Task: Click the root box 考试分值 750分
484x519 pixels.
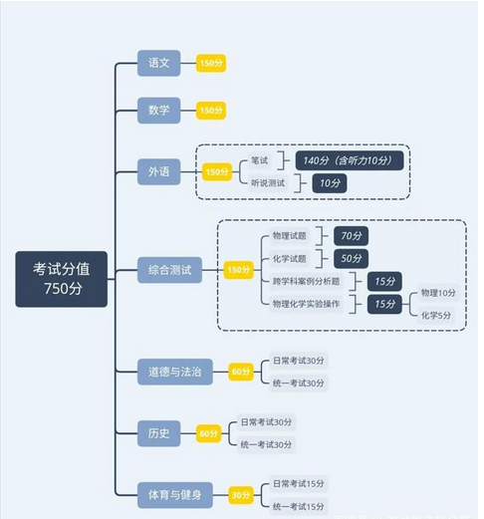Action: click(62, 279)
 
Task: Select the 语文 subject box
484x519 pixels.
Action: click(159, 63)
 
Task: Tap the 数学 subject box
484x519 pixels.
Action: click(159, 111)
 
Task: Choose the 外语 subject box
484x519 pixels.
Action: click(159, 171)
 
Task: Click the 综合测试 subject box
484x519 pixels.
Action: click(169, 270)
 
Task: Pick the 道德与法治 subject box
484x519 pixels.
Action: click(175, 372)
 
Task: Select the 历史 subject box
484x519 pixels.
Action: click(159, 433)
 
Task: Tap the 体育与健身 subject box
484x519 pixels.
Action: click(175, 495)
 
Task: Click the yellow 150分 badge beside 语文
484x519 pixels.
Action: click(211, 63)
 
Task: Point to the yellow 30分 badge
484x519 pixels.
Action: click(241, 495)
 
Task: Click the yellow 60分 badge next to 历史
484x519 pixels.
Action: click(208, 433)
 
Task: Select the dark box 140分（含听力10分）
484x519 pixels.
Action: click(350, 160)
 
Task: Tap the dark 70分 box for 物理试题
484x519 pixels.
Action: click(352, 236)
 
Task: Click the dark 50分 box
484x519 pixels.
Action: click(352, 258)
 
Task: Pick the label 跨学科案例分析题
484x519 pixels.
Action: click(306, 282)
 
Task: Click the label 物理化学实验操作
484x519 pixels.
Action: click(306, 304)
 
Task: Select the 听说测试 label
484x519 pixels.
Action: click(268, 183)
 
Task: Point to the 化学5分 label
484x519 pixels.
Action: click(436, 315)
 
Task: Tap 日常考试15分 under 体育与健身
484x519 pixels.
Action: click(299, 484)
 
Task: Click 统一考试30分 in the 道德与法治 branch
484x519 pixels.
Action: click(299, 384)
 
